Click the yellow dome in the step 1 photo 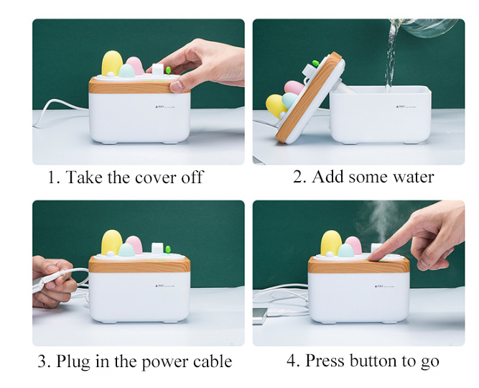pyautogui.click(x=112, y=63)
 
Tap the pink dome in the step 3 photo pyautogui.click(x=135, y=244)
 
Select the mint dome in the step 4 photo pyautogui.click(x=346, y=250)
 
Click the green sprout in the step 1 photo pyautogui.click(x=168, y=70)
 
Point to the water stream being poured pyautogui.click(x=391, y=55)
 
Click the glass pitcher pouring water pyautogui.click(x=428, y=27)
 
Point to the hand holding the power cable pyautogui.click(x=53, y=281)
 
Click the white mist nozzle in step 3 pyautogui.click(x=157, y=248)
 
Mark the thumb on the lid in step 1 pyautogui.click(x=180, y=86)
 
